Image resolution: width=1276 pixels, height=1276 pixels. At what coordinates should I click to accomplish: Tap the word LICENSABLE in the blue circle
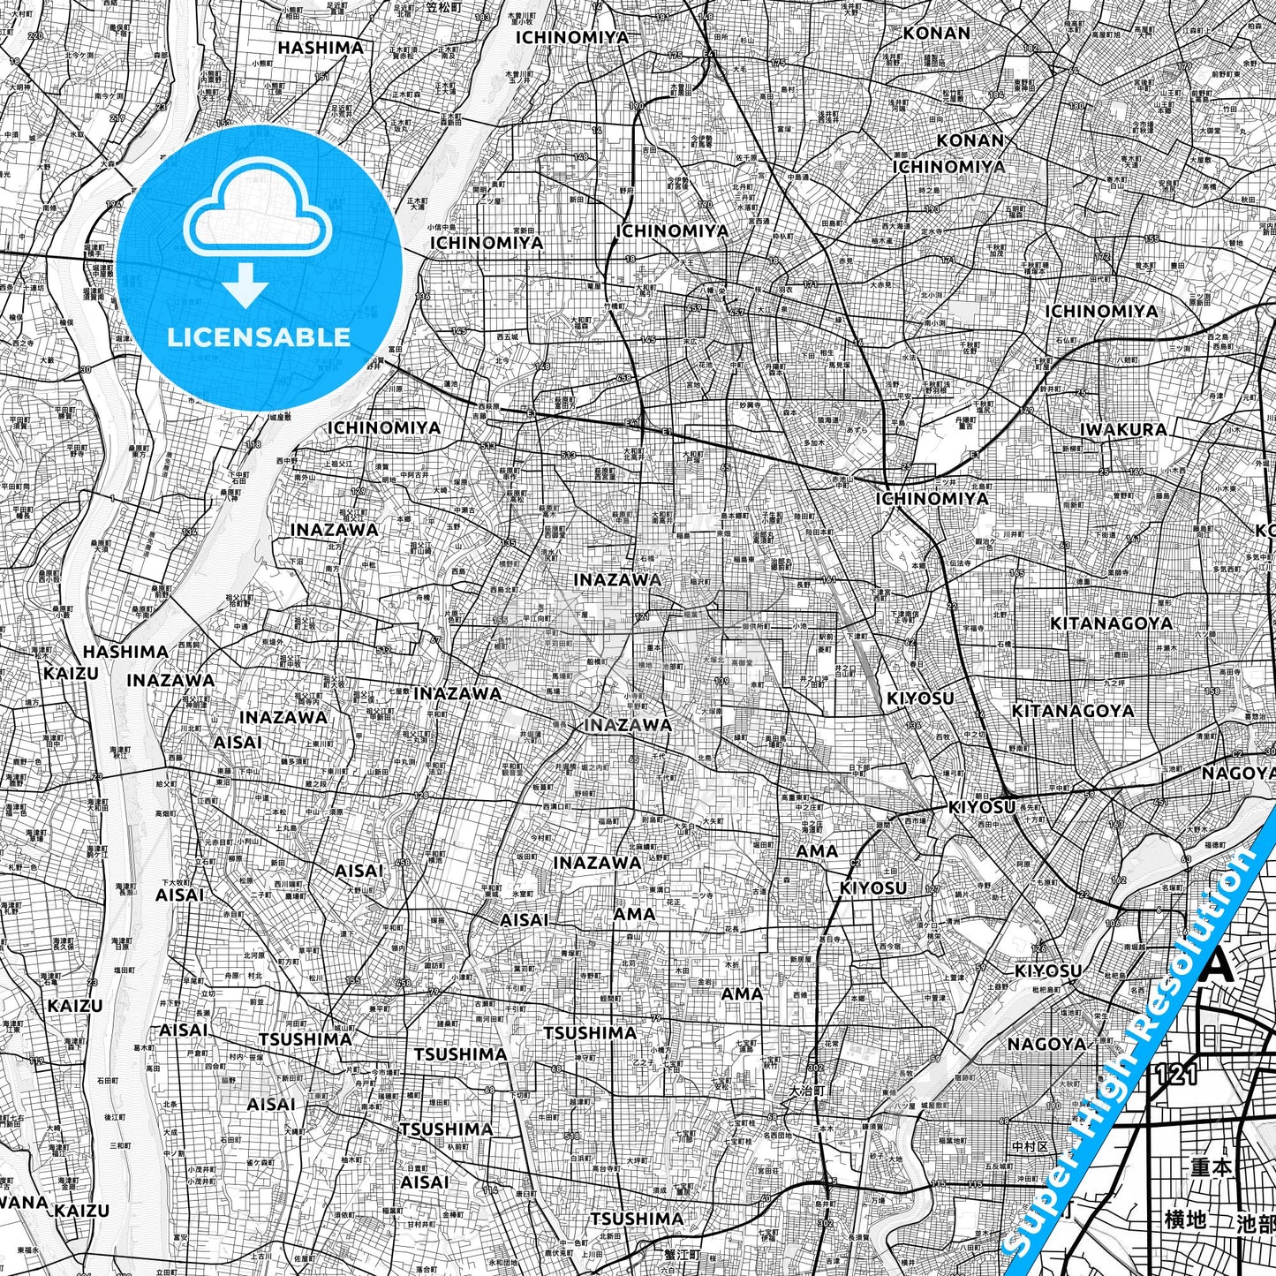pyautogui.click(x=259, y=336)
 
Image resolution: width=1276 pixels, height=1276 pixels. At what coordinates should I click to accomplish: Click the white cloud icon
pyautogui.click(x=258, y=217)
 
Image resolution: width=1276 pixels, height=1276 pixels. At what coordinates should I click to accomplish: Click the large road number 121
pyautogui.click(x=1175, y=1075)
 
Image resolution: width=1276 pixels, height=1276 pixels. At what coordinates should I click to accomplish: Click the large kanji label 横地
pyautogui.click(x=1184, y=1220)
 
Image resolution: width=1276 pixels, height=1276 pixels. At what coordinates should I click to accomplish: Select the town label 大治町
pyautogui.click(x=805, y=1091)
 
